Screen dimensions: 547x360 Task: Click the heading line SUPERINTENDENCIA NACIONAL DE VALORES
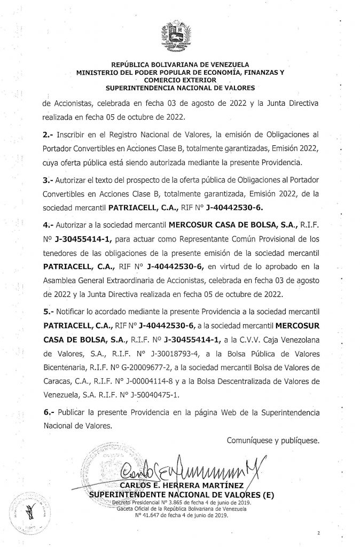tap(180, 87)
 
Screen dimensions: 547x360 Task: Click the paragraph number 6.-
tap(49, 413)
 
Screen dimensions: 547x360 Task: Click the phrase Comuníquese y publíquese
tap(272, 441)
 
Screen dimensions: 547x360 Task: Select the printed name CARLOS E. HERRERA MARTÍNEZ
tap(182, 485)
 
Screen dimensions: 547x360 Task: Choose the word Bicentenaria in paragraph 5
tap(66, 369)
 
